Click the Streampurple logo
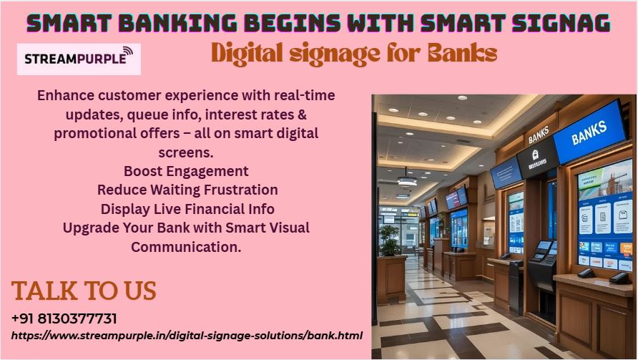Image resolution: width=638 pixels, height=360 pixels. click(x=79, y=59)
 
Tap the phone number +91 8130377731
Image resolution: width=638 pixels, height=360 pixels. click(x=64, y=318)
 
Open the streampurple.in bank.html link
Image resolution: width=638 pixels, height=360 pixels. click(x=187, y=336)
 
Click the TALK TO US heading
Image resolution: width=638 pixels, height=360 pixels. click(x=84, y=291)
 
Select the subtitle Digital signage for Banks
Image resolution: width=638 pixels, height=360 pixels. click(x=354, y=54)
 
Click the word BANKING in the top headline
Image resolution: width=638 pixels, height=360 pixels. click(x=177, y=23)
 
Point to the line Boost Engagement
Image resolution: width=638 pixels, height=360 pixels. click(x=186, y=171)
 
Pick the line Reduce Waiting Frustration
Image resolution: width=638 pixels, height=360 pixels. click(x=187, y=190)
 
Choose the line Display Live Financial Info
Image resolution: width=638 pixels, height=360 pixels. click(x=187, y=209)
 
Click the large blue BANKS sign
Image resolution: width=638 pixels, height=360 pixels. click(x=589, y=132)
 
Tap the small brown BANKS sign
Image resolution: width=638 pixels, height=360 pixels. click(x=539, y=135)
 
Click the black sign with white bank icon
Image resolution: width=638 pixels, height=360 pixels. click(x=536, y=158)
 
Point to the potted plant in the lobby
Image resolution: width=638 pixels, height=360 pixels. click(x=389, y=240)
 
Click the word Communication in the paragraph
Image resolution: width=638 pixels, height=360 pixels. click(x=186, y=247)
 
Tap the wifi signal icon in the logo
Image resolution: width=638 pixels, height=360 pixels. click(x=127, y=52)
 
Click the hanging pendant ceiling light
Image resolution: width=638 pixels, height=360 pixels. click(x=407, y=180)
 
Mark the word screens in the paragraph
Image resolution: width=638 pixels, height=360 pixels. click(x=186, y=152)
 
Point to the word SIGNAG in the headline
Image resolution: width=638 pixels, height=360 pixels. click(x=561, y=23)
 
